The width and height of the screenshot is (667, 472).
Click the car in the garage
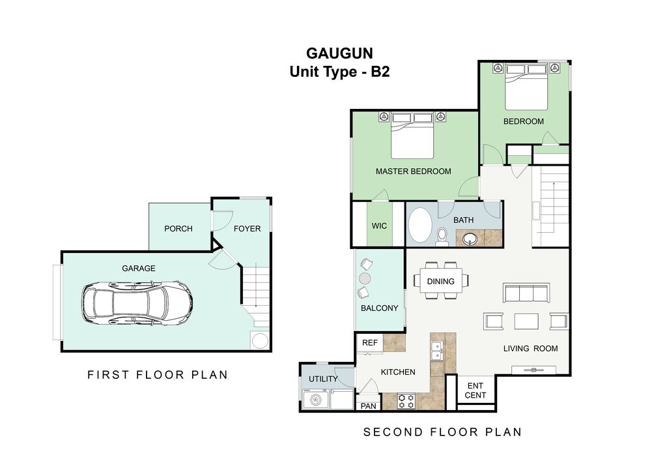point(137,303)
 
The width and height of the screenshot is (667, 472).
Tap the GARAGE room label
point(139,269)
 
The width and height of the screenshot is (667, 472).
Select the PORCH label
point(178,229)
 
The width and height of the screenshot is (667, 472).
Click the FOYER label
point(247,229)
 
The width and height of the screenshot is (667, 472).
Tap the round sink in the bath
point(471,239)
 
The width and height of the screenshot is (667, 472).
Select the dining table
point(441,280)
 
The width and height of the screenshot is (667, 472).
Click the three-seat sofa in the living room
point(526,293)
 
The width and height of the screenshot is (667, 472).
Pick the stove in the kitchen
point(406,401)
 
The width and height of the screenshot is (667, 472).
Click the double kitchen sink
point(437,351)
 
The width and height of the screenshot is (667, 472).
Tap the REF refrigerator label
point(370,343)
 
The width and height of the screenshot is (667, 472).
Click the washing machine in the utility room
point(316,400)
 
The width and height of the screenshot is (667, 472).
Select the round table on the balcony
point(365,279)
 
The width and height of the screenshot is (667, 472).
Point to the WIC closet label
point(380,226)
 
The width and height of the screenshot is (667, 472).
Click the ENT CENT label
point(475,391)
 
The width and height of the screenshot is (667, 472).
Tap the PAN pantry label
point(369,406)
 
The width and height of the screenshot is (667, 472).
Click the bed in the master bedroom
point(412,136)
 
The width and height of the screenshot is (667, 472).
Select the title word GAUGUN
point(339,53)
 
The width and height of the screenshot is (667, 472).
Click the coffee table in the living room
point(526,321)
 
